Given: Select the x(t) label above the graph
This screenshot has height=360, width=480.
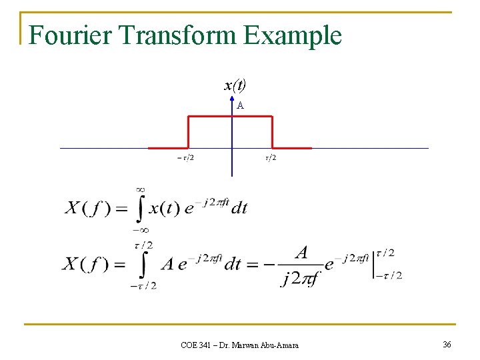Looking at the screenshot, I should pyautogui.click(x=235, y=85).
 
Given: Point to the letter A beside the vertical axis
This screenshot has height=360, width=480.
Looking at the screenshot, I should pyautogui.click(x=240, y=105).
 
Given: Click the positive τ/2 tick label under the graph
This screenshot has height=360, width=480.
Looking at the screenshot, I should pyautogui.click(x=271, y=158).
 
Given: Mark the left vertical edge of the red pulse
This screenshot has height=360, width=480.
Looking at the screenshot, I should pyautogui.click(x=189, y=132).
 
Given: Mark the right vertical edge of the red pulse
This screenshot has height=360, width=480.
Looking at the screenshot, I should pyautogui.click(x=273, y=132).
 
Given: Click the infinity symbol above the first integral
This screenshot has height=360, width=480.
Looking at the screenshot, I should pyautogui.click(x=141, y=190).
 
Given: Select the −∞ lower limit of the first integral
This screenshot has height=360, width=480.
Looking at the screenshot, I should pyautogui.click(x=140, y=229).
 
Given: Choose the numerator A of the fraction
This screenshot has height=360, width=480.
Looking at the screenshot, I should pyautogui.click(x=302, y=253).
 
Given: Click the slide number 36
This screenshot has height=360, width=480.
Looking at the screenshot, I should pyautogui.click(x=447, y=344).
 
